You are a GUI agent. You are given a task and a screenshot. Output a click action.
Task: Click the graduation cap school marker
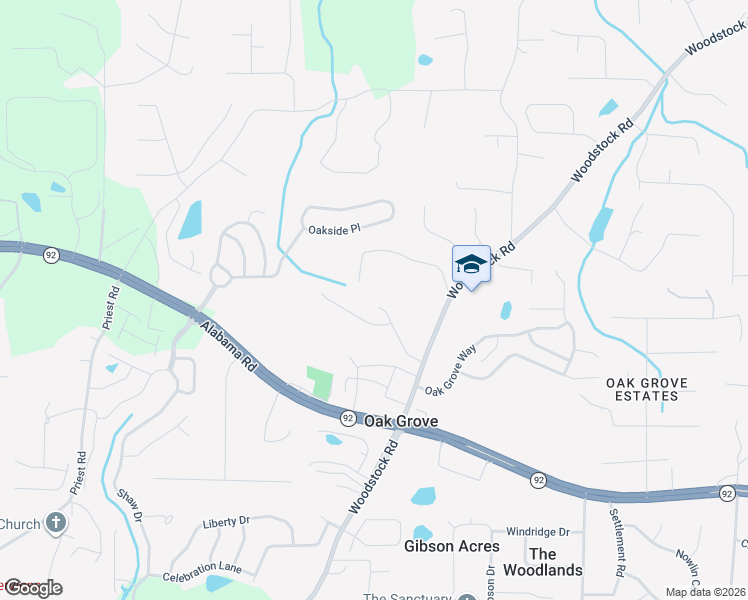[x=471, y=264]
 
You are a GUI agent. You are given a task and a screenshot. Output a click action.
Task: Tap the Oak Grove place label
[x=400, y=421]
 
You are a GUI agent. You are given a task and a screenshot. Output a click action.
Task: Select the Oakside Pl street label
[x=334, y=230]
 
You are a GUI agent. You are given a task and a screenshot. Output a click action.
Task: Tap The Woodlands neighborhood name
[x=555, y=562]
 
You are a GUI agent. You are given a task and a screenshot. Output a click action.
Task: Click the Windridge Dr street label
[x=537, y=532]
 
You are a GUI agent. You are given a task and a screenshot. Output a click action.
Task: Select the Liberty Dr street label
[x=225, y=522]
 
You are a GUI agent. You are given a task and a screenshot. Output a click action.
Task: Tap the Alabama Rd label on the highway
[x=229, y=348]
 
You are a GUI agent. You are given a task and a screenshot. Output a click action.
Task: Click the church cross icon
[x=56, y=523]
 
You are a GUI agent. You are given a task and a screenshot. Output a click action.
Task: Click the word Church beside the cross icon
[x=20, y=524]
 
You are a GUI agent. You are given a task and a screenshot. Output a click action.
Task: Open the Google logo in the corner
[x=32, y=588]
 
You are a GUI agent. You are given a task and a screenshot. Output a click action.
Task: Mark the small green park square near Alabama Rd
[x=320, y=382]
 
